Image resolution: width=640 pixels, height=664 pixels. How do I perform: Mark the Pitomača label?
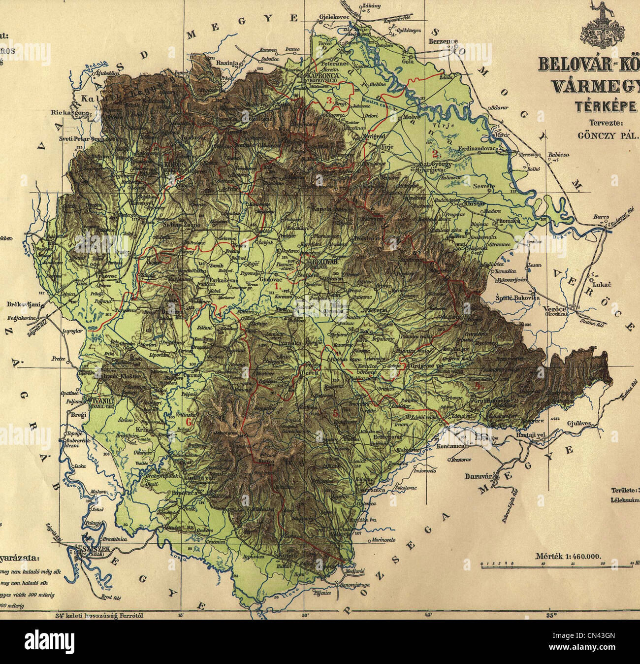[x=508, y=221]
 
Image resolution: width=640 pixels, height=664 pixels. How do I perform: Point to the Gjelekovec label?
[x=334, y=16]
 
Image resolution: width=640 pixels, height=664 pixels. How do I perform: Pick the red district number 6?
[x=188, y=422]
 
